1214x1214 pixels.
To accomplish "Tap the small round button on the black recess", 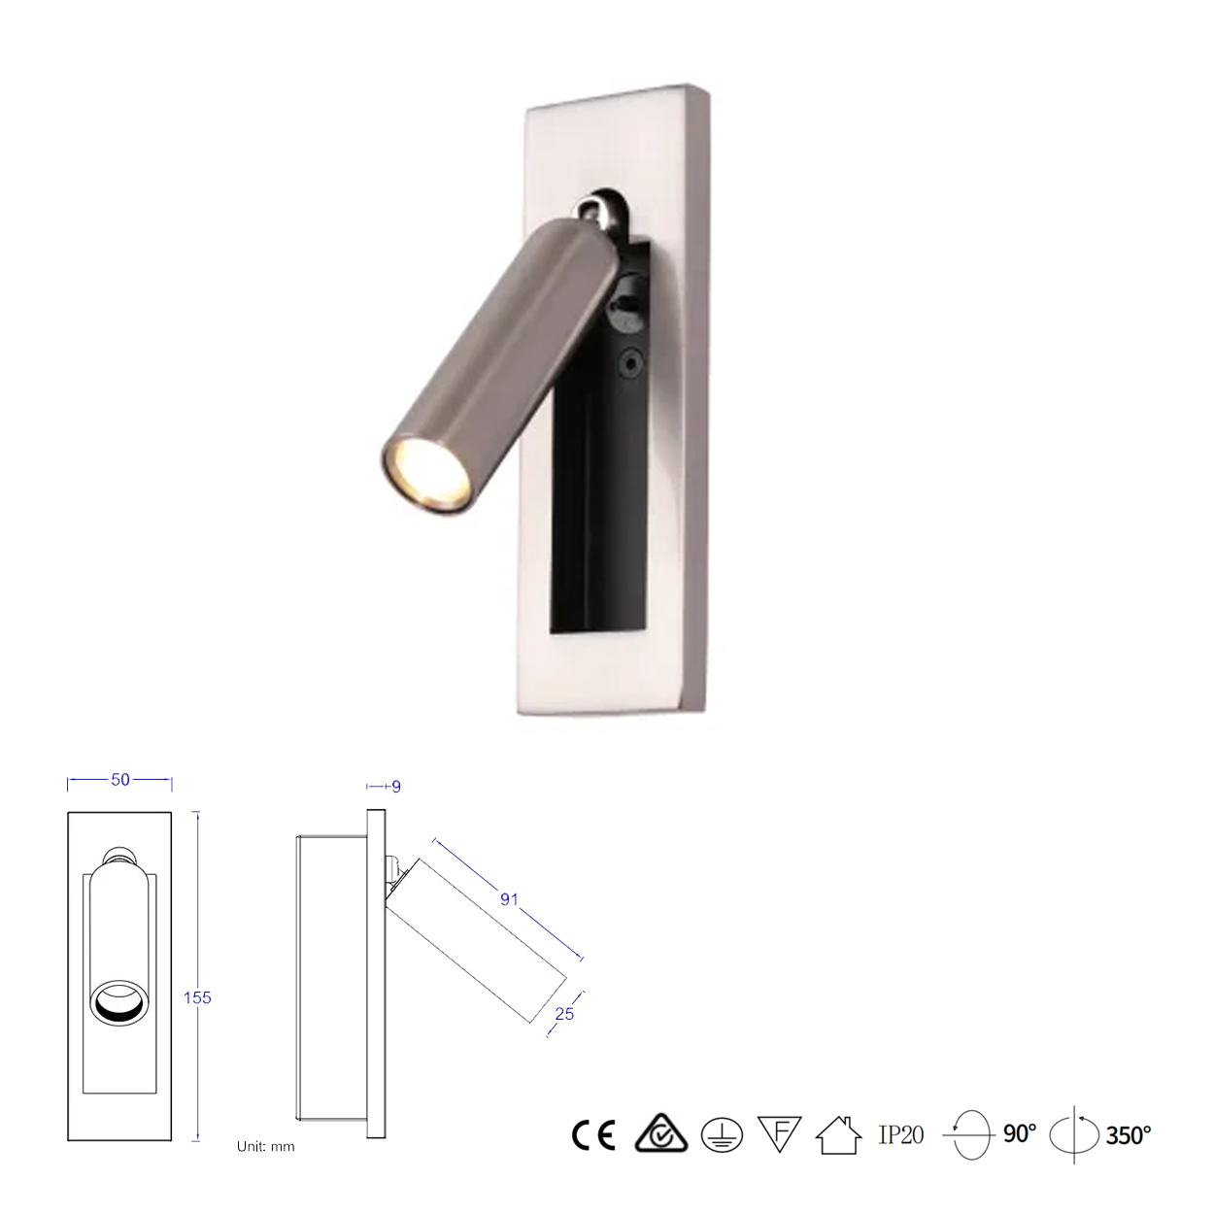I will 631,364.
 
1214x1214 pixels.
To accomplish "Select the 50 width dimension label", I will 120,780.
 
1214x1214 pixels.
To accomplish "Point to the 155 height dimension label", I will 197,997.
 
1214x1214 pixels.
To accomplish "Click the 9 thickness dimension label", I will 396,787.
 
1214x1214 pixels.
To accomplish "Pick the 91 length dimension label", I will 509,899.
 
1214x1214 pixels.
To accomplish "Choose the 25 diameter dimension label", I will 564,1014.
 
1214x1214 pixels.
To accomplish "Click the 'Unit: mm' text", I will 265,1147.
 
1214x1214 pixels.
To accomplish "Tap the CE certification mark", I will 593,1134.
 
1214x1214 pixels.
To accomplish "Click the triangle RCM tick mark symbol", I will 660,1133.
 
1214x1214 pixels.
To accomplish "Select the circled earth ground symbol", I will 722,1134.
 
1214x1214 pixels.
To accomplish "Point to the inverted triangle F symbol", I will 779,1133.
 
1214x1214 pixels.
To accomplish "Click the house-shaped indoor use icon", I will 839,1134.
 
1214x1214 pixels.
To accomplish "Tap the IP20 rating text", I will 901,1134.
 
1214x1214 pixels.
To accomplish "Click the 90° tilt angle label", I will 1020,1133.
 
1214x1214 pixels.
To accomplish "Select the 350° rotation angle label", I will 1129,1134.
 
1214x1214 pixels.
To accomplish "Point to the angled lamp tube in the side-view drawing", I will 476,940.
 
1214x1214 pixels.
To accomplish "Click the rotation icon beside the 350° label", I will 1074,1134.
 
